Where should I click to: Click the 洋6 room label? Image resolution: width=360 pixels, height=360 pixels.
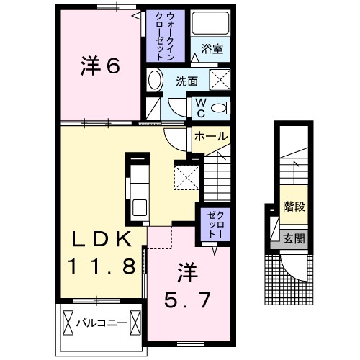click(x=99, y=66)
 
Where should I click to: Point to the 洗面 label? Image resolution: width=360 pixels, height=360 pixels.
click(x=188, y=81)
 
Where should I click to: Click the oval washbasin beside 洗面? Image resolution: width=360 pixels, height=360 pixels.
click(x=153, y=81)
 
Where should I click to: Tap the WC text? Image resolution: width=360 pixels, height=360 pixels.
click(x=201, y=107)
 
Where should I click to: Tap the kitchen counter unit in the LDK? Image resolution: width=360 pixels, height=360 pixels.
click(x=138, y=189)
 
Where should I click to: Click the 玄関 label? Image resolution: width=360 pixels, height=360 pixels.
click(x=294, y=238)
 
